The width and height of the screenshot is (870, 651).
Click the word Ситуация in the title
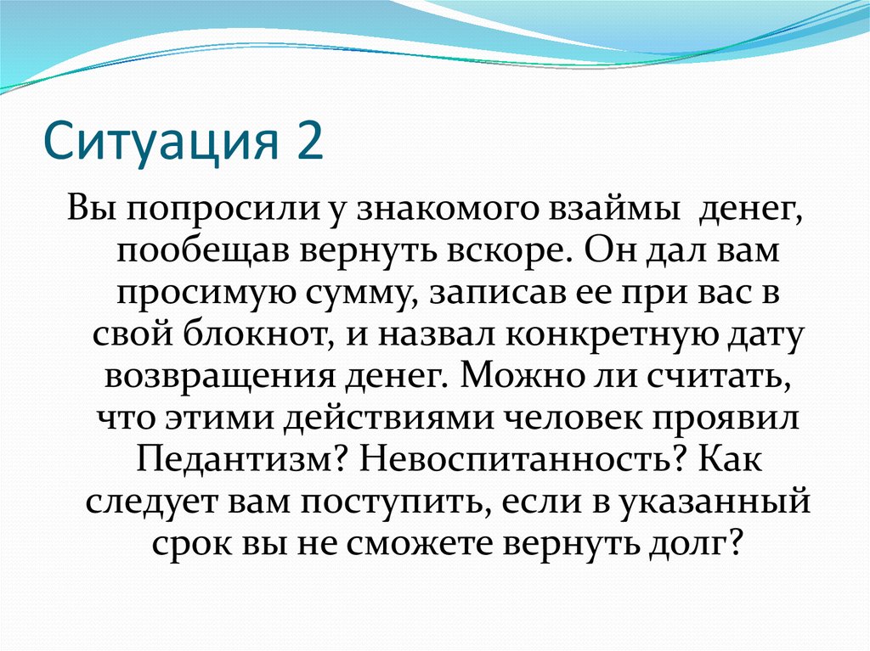[161, 141]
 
